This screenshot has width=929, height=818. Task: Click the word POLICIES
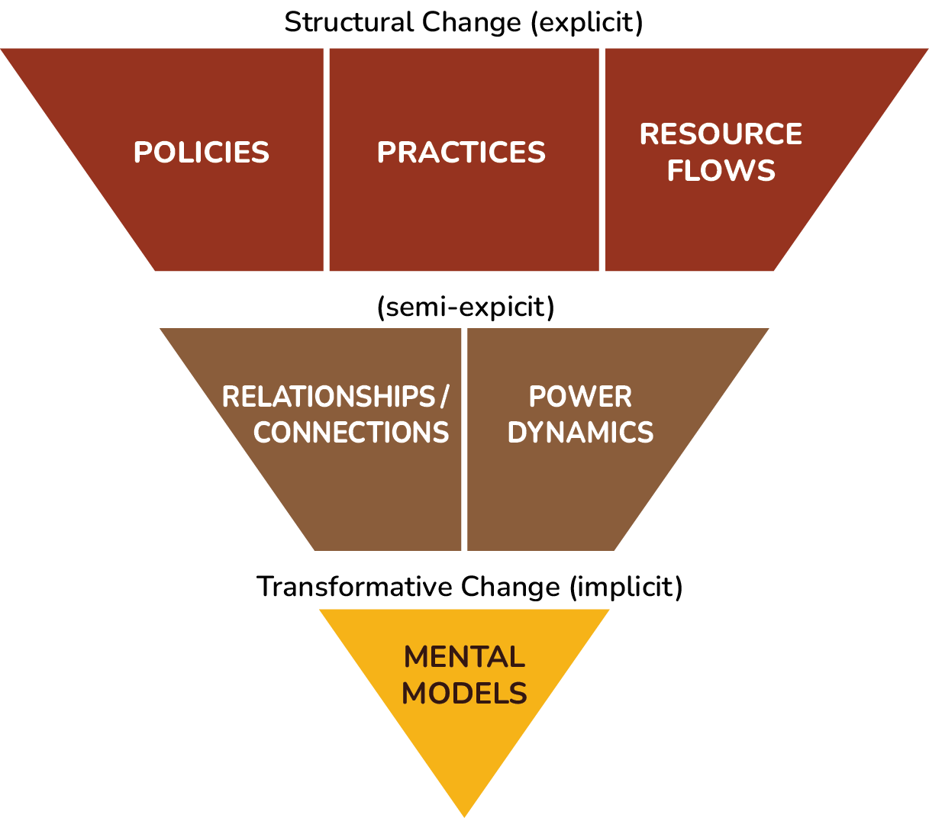(202, 153)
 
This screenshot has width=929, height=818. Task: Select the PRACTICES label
(461, 153)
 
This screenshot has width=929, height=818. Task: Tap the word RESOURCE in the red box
(721, 134)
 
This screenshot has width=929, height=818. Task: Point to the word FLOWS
(721, 171)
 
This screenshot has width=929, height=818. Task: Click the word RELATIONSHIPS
(328, 397)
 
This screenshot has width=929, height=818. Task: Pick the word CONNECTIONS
(351, 433)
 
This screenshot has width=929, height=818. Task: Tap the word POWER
(580, 397)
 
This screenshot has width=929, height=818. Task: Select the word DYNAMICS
(580, 433)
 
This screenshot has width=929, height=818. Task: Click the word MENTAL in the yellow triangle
(464, 657)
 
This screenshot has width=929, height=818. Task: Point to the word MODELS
(464, 694)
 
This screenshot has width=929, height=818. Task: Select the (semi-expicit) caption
(466, 307)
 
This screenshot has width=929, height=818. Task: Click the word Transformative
(354, 587)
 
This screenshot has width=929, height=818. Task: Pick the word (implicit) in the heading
(626, 587)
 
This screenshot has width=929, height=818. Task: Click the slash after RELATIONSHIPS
(444, 397)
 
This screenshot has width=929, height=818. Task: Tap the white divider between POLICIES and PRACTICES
(326, 160)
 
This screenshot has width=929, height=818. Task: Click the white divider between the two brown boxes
(464, 439)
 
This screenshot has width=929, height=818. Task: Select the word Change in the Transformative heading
(511, 587)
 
